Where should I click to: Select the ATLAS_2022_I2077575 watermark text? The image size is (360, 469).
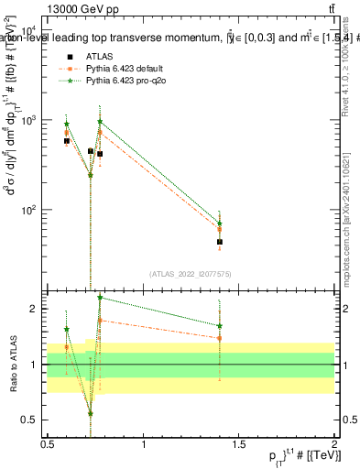191,274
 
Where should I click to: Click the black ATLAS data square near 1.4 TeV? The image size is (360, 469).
220,242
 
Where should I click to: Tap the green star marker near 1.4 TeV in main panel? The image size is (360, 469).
220,224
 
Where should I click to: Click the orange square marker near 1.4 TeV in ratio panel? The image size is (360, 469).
220,338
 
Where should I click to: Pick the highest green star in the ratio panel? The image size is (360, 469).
100,297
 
